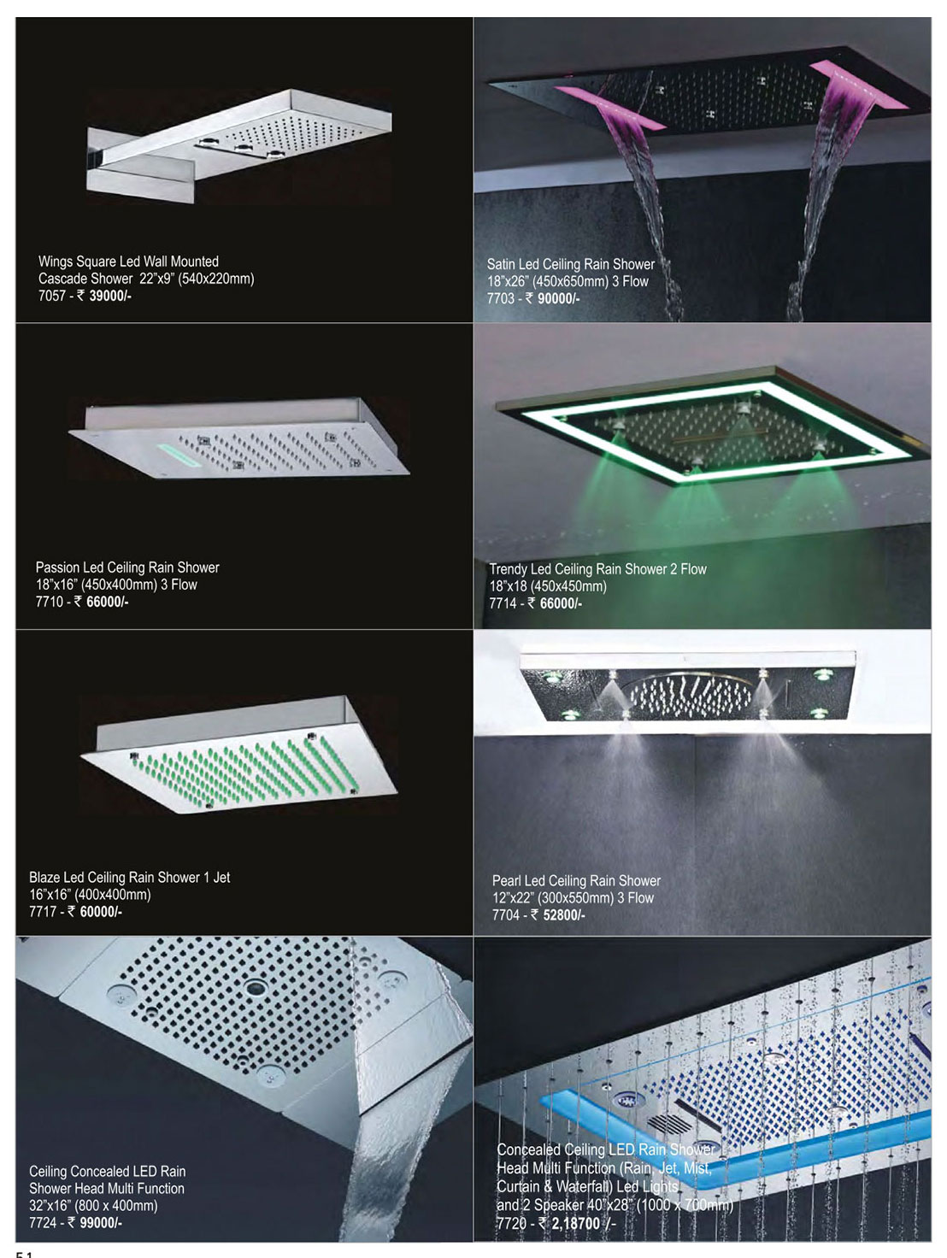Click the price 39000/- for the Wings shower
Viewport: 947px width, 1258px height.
coord(110,297)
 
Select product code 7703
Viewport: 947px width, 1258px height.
coord(500,298)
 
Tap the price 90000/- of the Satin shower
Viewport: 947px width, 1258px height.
coord(559,298)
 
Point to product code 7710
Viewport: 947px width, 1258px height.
coord(50,603)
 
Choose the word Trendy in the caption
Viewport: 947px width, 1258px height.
coord(508,570)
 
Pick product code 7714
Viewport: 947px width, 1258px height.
coord(503,603)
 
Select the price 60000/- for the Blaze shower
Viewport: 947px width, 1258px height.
coord(101,912)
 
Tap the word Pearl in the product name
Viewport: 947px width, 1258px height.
coord(505,881)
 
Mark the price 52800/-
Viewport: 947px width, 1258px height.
coord(564,915)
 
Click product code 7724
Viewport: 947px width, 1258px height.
coord(43,1223)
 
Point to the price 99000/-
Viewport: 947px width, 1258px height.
coord(101,1223)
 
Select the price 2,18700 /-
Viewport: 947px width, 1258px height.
coord(585,1224)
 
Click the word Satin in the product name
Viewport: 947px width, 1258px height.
coord(502,264)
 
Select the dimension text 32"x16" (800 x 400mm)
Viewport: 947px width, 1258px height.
coord(93,1206)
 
